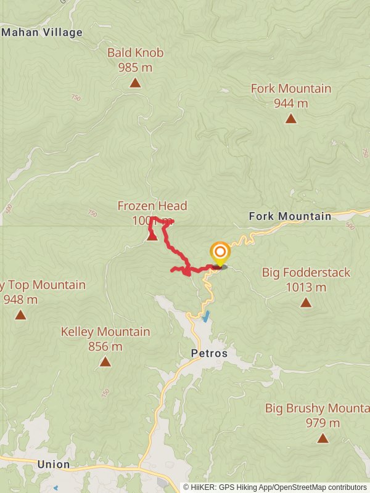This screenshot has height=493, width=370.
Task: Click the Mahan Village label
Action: point(42,33)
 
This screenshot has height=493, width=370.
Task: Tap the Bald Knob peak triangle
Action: point(135,83)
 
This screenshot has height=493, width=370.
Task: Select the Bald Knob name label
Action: point(135,53)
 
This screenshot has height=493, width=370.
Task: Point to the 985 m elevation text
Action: point(135,67)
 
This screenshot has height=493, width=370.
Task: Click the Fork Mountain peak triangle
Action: point(291,118)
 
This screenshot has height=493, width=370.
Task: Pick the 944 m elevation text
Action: point(291,103)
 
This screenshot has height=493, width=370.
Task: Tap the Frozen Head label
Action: point(152,206)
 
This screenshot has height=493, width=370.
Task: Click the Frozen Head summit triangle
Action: point(152,236)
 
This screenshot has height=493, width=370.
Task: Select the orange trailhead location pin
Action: point(220,253)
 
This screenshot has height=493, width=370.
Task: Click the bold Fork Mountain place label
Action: point(290,216)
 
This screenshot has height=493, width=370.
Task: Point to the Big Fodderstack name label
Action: point(306,272)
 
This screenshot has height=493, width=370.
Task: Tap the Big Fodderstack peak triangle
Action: point(306,302)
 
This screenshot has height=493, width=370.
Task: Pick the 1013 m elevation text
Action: point(306,287)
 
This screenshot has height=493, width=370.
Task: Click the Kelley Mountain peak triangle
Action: point(105,362)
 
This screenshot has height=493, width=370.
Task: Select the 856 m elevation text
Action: point(105,347)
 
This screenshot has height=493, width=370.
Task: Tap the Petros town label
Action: point(208,354)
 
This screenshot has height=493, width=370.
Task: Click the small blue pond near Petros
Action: point(205,317)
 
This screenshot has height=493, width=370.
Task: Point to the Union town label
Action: point(53,465)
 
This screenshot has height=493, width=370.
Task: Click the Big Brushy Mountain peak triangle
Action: point(323,438)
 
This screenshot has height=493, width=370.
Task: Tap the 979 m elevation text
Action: point(323,423)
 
